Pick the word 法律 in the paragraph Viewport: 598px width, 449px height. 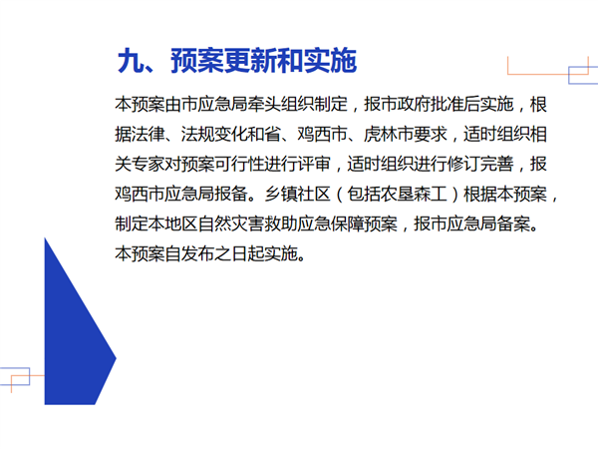coord(140,134)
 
